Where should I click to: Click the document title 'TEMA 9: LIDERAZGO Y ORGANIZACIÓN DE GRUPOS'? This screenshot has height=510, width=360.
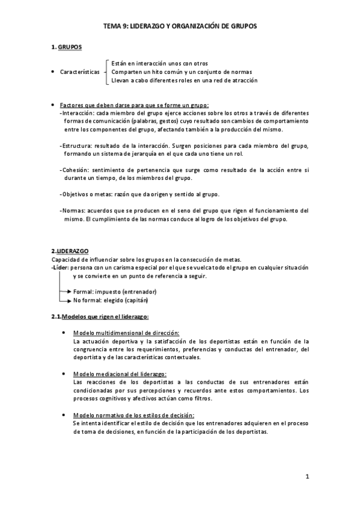(x=180, y=27)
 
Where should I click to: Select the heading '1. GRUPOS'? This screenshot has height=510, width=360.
(x=66, y=47)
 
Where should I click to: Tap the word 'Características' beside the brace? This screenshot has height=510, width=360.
(x=80, y=72)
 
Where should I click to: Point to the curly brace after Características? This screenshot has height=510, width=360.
(x=106, y=71)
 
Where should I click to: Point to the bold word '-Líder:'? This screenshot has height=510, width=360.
(x=60, y=268)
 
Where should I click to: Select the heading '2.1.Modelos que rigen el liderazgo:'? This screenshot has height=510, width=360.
(x=100, y=316)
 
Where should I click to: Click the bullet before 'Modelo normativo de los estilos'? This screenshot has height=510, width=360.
(x=64, y=416)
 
